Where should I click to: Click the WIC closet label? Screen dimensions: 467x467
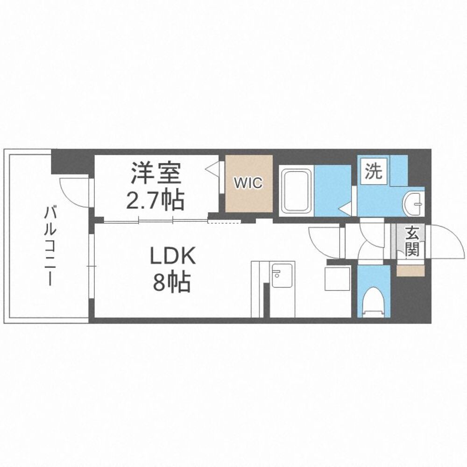(x=249, y=183)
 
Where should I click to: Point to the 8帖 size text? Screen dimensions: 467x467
(x=171, y=283)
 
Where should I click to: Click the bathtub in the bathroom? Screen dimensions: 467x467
(x=296, y=191)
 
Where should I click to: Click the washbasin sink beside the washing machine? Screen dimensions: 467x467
(x=414, y=202)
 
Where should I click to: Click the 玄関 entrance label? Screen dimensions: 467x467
(x=411, y=241)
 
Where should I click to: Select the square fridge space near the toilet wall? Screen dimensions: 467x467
(x=337, y=278)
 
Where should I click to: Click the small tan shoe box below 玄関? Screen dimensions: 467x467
(x=410, y=270)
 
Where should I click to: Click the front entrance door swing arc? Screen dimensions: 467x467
(x=444, y=241)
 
